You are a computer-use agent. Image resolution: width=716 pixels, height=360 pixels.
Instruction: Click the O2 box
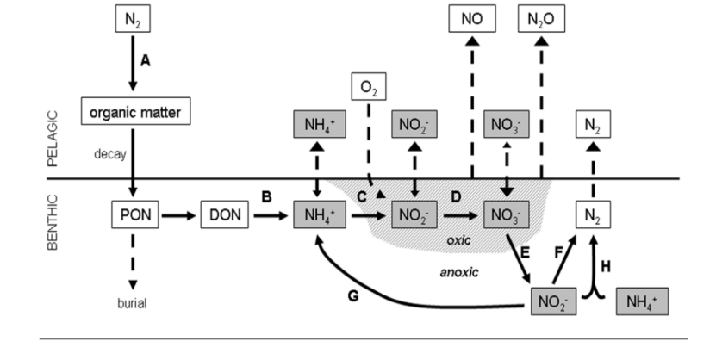(x=369, y=88)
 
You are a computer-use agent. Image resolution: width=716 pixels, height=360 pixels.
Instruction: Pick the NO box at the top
(x=471, y=16)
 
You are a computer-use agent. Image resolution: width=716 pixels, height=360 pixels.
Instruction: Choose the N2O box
(x=541, y=16)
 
